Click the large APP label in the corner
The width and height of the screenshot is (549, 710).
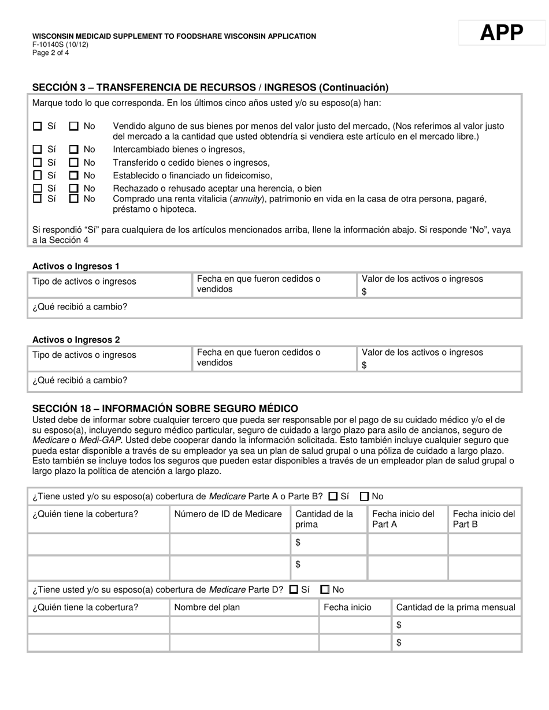(501, 33)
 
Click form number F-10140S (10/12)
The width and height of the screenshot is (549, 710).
(60, 44)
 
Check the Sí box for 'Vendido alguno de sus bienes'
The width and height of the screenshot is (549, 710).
(38, 126)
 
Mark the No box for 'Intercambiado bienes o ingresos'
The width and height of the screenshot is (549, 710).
(74, 150)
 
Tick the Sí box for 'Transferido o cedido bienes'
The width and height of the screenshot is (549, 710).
(38, 163)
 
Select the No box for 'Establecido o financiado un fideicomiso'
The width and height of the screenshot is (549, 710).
(74, 175)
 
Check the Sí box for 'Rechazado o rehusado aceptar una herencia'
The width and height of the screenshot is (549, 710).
(38, 188)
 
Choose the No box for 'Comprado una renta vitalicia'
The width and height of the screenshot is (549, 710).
(74, 199)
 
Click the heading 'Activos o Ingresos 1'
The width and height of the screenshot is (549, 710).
(76, 266)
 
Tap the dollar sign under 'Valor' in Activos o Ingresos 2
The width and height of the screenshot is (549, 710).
(364, 365)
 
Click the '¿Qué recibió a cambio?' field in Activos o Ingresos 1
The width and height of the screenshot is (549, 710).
(274, 307)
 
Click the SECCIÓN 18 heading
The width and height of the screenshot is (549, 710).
(165, 409)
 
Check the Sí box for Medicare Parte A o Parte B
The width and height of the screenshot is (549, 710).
(333, 496)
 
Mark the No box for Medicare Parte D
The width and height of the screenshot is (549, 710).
(325, 589)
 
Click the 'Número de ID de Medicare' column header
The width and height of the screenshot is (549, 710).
(228, 514)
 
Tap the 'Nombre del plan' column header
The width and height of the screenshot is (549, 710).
(207, 607)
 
